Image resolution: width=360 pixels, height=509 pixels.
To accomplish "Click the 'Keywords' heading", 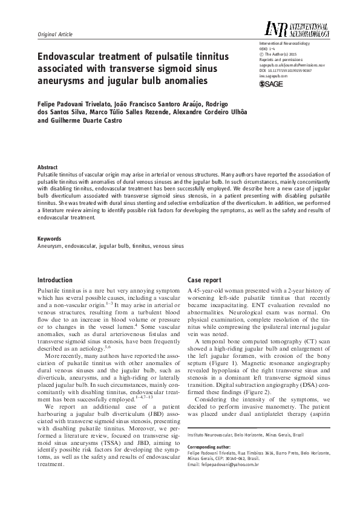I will pyautogui.click(x=50, y=239).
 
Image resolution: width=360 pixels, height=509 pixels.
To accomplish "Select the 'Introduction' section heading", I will pyautogui.click(x=55, y=280).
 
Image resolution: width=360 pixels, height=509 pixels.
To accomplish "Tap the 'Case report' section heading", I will pyautogui.click(x=205, y=280).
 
